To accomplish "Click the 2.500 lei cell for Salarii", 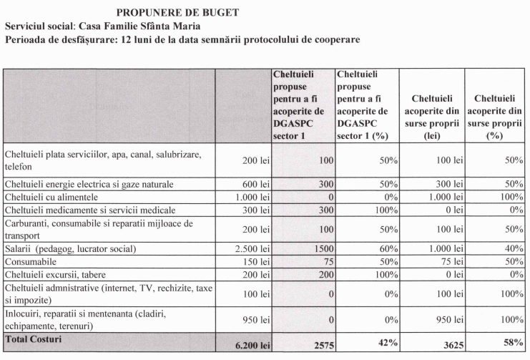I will tap(252, 248).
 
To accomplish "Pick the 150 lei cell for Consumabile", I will tap(256, 261).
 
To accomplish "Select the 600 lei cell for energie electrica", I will tap(256, 184).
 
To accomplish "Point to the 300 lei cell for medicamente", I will tap(256, 210).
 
